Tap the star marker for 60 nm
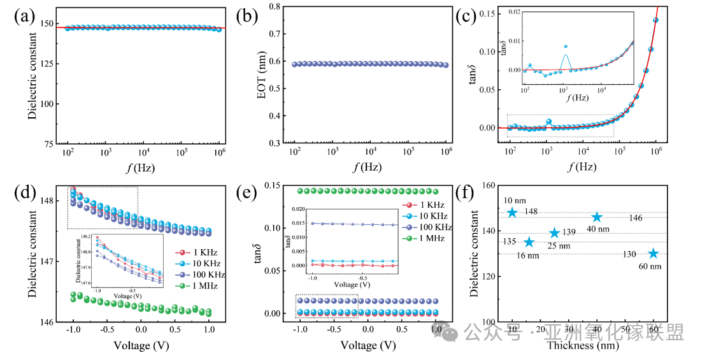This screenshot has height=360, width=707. (653, 254)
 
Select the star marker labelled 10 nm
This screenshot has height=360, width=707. (512, 212)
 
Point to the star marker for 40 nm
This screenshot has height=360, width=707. (597, 217)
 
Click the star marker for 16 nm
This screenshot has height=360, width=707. (529, 242)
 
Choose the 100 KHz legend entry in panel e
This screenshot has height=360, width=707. (429, 227)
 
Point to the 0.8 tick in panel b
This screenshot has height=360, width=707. (275, 7)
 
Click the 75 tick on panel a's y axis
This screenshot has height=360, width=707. (55, 143)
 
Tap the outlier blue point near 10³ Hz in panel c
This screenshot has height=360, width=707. (548, 122)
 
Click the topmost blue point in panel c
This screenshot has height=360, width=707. (655, 20)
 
